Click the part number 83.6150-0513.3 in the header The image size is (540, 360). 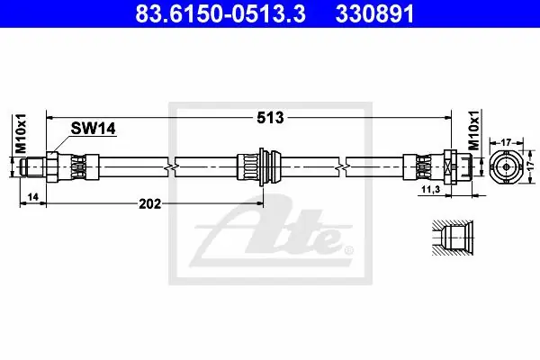[220, 14]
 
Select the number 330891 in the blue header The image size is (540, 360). [374, 14]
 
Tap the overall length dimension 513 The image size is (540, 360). [270, 118]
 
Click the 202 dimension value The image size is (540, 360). [149, 204]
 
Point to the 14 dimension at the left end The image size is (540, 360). [33, 197]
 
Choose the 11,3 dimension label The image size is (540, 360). [431, 189]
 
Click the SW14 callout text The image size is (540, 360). [93, 129]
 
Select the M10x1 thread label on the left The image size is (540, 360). [21, 133]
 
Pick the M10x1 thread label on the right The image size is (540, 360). [475, 130]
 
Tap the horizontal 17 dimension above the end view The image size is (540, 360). [506, 142]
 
